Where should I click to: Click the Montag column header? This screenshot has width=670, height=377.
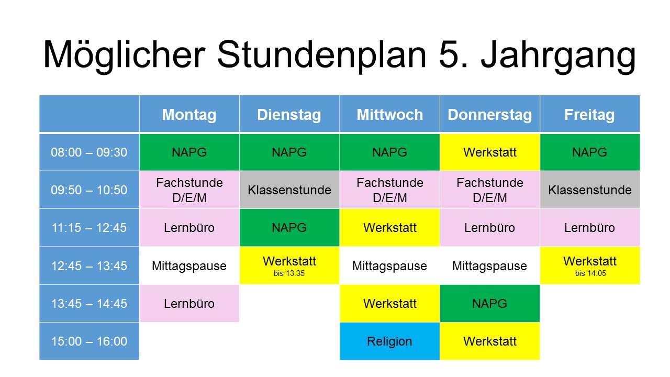[x=189, y=114]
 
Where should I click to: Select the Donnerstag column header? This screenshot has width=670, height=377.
[x=490, y=114]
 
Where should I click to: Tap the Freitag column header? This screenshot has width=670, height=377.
[x=590, y=114]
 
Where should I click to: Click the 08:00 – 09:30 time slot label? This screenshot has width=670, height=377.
[x=89, y=152]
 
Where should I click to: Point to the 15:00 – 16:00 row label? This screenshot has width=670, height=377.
[x=89, y=341]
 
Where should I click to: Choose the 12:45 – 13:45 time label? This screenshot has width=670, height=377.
[x=89, y=265]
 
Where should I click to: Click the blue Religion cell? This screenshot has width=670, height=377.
[x=390, y=341]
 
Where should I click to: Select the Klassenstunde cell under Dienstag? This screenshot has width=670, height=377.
[x=289, y=190]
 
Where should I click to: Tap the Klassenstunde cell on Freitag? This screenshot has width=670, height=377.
[x=590, y=190]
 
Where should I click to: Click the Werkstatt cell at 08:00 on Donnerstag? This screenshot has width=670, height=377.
[x=490, y=152]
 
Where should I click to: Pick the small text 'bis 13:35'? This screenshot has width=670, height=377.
[x=289, y=273]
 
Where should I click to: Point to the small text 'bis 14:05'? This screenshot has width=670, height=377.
[x=590, y=273]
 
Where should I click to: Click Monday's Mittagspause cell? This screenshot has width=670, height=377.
[x=189, y=265]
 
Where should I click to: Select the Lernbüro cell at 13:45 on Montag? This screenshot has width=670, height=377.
[x=189, y=303]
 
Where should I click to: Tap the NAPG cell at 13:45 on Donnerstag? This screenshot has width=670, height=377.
[x=490, y=303]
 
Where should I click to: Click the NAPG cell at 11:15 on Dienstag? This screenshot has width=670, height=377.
[x=289, y=228]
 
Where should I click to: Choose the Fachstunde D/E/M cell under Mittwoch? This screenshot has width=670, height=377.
[x=390, y=190]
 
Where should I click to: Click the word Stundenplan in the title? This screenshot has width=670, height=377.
[x=322, y=56]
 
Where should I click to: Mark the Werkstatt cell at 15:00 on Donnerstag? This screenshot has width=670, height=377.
[x=490, y=341]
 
